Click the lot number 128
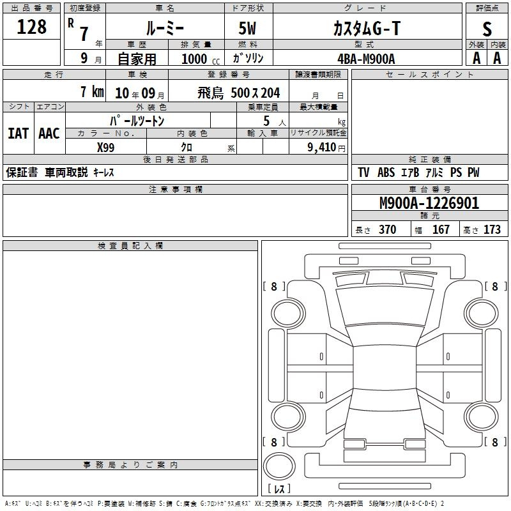(x=31, y=27)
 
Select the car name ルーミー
(x=165, y=28)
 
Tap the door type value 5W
(x=247, y=28)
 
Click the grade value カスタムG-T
(x=367, y=28)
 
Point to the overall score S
(x=487, y=29)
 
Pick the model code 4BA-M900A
(x=366, y=59)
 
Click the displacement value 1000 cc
(x=201, y=59)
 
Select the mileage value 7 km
(x=92, y=91)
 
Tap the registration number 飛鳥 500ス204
(x=238, y=93)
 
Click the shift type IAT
(x=19, y=133)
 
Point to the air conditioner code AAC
(x=49, y=133)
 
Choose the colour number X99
(x=106, y=148)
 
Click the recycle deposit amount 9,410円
(x=326, y=148)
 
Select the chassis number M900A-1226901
(x=429, y=203)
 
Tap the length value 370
(x=388, y=229)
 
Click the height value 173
(x=492, y=229)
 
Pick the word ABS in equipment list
(x=386, y=172)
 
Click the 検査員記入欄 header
(x=130, y=246)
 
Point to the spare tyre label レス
(x=279, y=489)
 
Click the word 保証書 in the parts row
(x=22, y=172)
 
